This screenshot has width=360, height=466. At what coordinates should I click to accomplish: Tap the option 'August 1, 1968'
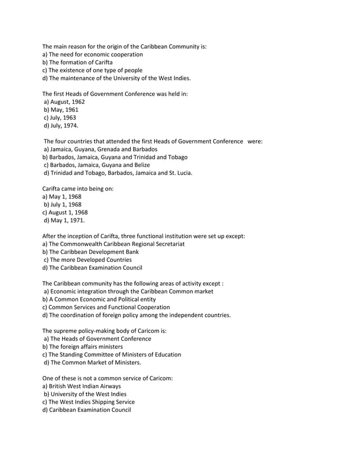pos(65,212)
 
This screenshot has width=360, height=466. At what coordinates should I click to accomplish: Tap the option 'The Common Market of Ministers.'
pos(93,362)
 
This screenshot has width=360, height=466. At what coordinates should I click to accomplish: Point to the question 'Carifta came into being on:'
pos(78,188)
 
